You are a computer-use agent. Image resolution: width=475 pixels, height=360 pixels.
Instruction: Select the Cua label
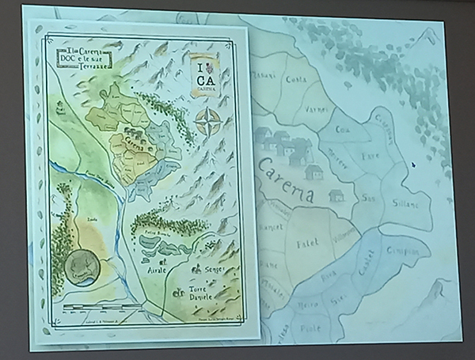pyautogui.click(x=342, y=129)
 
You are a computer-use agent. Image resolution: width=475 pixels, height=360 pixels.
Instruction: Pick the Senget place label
pyautogui.click(x=215, y=270)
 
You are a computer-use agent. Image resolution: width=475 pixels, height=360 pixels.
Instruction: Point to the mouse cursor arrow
pyautogui.click(x=412, y=165)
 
